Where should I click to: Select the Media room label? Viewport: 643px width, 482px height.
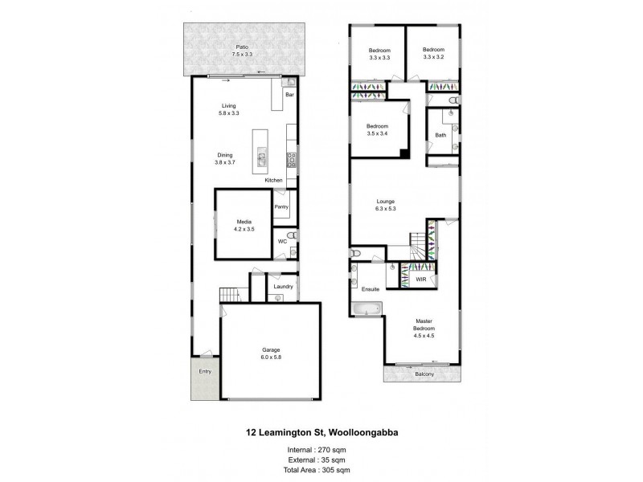click(245, 223)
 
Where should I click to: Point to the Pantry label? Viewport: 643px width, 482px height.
click(281, 207)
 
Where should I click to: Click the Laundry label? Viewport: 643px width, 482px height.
click(282, 286)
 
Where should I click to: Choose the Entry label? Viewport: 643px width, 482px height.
click(205, 371)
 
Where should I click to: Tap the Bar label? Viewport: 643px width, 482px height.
click(289, 95)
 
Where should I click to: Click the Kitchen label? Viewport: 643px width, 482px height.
click(274, 181)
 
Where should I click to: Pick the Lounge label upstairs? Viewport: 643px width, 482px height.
click(386, 202)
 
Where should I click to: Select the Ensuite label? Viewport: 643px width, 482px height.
click(371, 288)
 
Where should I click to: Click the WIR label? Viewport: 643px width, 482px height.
click(420, 280)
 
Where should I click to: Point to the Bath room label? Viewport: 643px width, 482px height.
click(440, 135)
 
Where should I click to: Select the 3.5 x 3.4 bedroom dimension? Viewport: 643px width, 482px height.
click(378, 133)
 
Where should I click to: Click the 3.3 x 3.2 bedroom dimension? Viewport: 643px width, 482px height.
click(434, 58)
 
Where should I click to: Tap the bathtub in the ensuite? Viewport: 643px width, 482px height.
click(367, 307)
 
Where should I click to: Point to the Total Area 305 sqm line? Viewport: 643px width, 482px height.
click(321, 469)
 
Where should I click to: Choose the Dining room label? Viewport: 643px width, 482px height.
click(224, 155)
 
